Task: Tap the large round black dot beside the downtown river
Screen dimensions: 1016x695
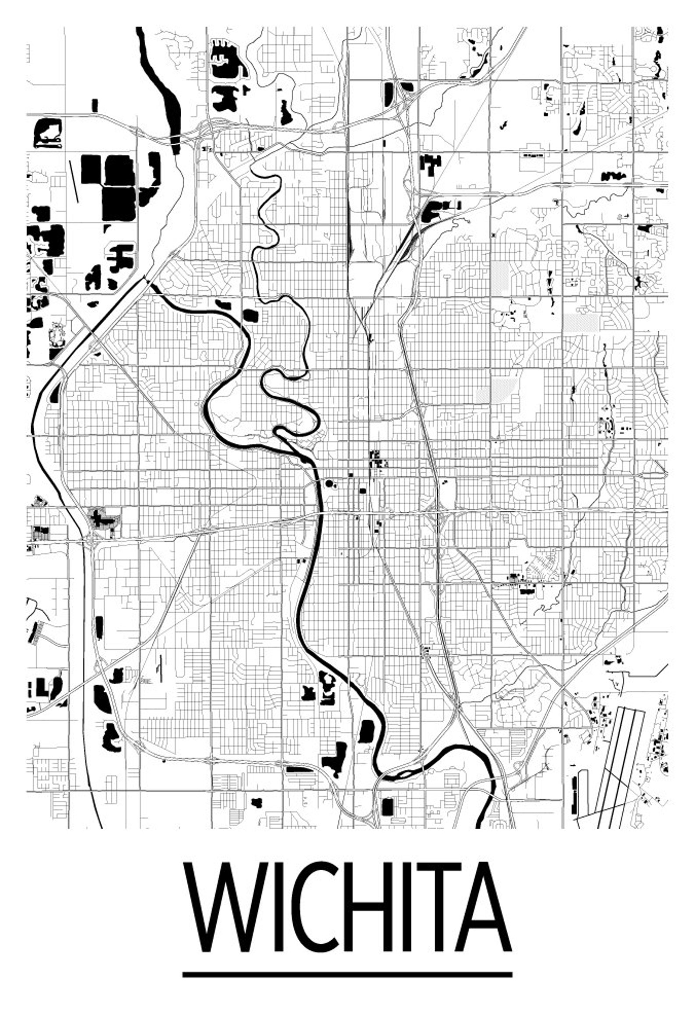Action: tap(329, 483)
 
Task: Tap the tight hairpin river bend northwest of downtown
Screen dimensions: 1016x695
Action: tap(280, 432)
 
